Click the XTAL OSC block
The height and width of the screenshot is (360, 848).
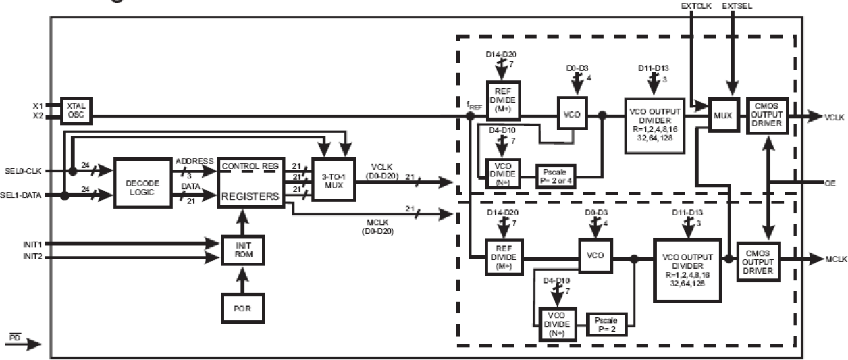pos(76,111)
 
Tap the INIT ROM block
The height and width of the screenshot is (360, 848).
pos(244,251)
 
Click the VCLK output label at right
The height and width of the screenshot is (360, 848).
pos(835,116)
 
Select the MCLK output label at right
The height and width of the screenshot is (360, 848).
pos(835,259)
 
